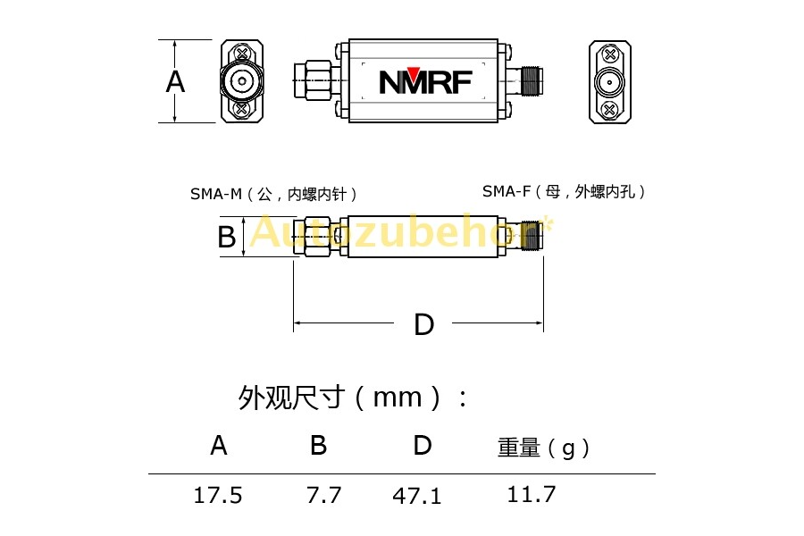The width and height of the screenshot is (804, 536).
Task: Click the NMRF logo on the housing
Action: click(x=425, y=81)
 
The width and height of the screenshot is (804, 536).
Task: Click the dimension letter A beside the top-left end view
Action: click(x=175, y=81)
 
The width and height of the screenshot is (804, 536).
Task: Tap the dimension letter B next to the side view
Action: click(x=227, y=237)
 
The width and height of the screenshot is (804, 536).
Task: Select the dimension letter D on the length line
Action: click(x=424, y=324)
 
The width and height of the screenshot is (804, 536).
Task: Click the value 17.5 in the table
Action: click(x=218, y=496)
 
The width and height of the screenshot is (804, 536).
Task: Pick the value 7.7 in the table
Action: click(x=324, y=496)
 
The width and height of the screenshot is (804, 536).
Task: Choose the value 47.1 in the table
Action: click(x=417, y=496)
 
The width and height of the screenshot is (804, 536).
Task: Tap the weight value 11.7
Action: click(x=532, y=494)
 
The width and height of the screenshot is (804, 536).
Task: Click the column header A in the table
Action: click(x=219, y=445)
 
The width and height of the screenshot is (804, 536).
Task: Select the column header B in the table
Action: click(x=318, y=445)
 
